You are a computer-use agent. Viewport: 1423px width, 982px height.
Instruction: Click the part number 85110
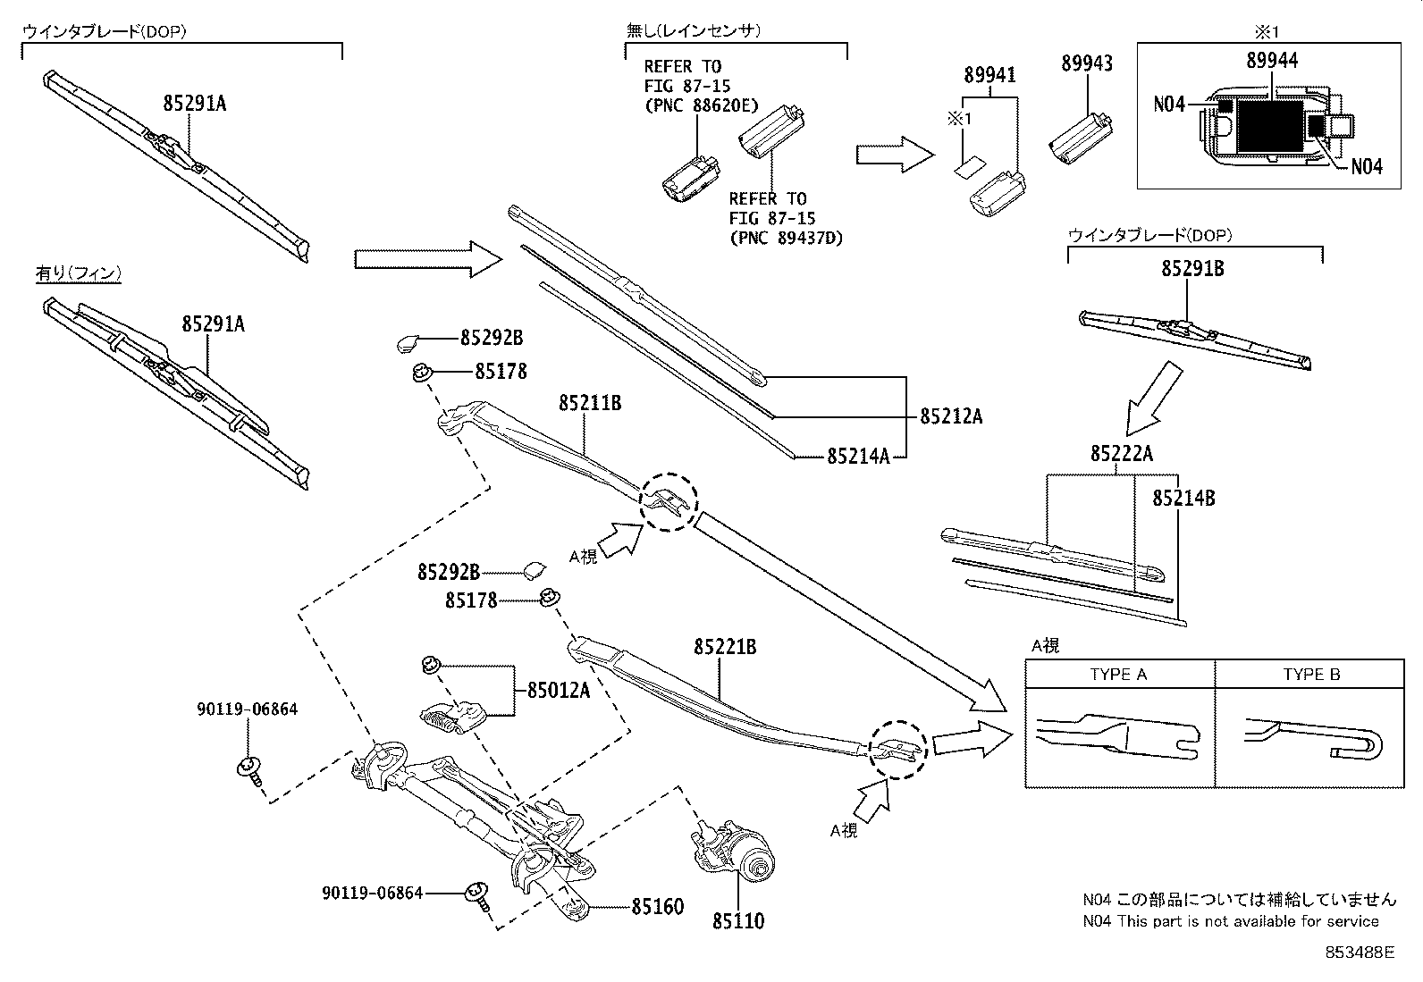738,920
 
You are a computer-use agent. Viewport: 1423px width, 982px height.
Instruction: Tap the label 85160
657,907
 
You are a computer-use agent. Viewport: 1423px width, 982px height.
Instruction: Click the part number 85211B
590,403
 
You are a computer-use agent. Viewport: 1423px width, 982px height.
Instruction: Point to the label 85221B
725,646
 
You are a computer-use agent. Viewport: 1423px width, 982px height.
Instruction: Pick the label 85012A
559,690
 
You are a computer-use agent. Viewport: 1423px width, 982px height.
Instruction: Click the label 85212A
951,416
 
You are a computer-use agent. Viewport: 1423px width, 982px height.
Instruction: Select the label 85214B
1183,499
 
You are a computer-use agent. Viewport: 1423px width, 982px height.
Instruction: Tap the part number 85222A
1121,454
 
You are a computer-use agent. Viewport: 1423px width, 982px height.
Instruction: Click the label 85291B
1192,267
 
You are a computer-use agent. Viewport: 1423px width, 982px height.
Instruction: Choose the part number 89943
1087,63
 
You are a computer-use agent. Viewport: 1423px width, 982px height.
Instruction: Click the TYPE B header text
1311,675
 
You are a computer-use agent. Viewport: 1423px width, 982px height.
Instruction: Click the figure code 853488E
1360,953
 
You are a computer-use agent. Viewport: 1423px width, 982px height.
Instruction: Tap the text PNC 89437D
786,238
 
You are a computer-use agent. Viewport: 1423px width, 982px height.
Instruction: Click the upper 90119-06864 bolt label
248,709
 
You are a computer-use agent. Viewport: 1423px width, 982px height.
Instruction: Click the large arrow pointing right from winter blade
429,259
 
